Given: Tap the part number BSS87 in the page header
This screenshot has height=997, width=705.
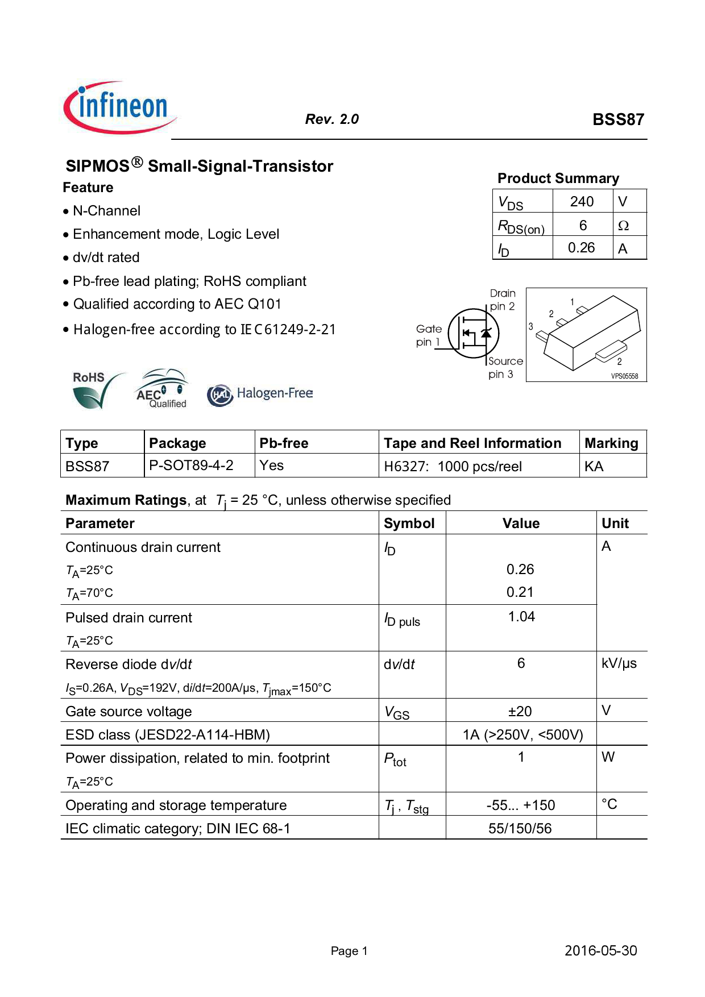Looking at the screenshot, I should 618,119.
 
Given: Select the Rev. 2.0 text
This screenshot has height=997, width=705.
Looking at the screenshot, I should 332,119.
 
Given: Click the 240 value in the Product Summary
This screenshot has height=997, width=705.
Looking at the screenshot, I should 582,202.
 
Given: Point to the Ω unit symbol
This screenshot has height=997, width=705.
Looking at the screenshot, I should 623,226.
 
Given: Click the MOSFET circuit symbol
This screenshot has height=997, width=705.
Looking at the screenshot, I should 474,334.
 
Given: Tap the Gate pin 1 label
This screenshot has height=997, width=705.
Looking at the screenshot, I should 429,335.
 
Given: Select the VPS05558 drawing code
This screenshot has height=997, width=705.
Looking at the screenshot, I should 624,376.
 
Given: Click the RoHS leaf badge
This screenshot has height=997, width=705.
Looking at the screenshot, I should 97,390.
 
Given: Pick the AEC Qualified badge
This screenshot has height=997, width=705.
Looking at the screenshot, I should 162,389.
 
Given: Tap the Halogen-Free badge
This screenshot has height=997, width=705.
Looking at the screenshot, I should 260,394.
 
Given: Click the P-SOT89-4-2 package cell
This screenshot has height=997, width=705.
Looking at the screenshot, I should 191,466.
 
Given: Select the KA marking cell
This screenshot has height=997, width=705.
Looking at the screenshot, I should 594,467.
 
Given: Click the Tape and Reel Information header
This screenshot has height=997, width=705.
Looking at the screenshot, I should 472,443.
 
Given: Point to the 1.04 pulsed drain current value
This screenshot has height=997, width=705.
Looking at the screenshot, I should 521,617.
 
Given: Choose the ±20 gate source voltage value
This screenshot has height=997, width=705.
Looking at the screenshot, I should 520,711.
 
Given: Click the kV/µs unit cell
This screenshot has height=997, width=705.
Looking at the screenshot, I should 619,663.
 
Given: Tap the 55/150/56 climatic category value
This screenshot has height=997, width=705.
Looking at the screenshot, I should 520,828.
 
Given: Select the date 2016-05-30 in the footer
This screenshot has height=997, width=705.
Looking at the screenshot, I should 600,950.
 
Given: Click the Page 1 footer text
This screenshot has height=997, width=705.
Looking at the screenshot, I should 349,951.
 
